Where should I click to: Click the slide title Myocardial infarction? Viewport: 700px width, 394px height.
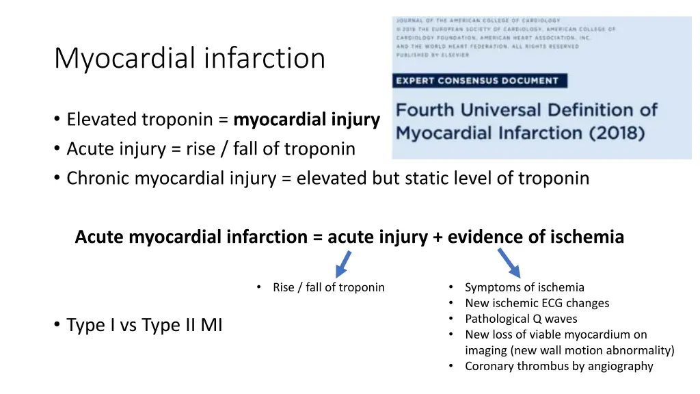pyautogui.click(x=189, y=58)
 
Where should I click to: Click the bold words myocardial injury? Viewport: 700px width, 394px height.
pyautogui.click(x=306, y=120)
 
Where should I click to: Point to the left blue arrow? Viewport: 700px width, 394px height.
pyautogui.click(x=342, y=263)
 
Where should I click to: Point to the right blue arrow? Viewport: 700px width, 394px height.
pyautogui.click(x=509, y=262)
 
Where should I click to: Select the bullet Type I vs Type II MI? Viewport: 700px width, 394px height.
pyautogui.click(x=144, y=326)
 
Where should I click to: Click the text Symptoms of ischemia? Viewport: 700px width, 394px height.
pyautogui.click(x=524, y=287)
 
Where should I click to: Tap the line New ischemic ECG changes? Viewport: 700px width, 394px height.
pyautogui.click(x=537, y=303)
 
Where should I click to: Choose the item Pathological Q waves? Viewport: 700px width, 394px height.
pyautogui.click(x=521, y=319)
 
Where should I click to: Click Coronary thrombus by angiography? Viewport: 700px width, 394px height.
pyautogui.click(x=558, y=366)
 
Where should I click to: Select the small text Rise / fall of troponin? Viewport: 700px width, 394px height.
pyautogui.click(x=328, y=287)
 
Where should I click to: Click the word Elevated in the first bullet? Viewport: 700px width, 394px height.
pyautogui.click(x=102, y=120)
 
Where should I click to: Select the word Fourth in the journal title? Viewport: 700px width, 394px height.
pyautogui.click(x=429, y=110)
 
